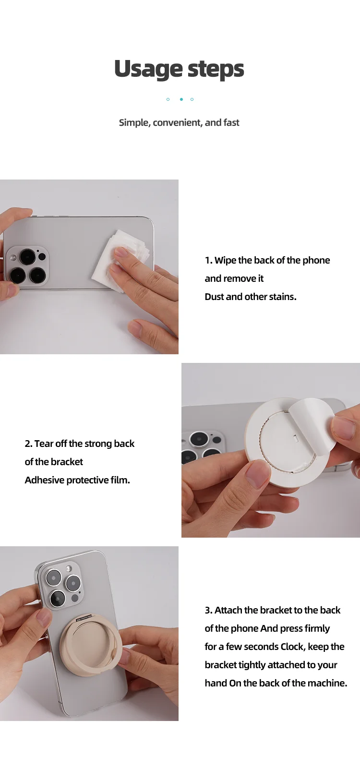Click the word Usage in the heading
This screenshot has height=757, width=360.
point(148,69)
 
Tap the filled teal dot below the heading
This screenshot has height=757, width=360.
point(181,99)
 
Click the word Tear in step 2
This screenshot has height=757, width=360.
point(44,444)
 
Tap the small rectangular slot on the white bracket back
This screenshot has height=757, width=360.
point(296,438)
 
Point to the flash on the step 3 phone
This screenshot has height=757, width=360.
point(69,568)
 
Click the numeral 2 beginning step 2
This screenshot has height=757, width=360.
point(28,444)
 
